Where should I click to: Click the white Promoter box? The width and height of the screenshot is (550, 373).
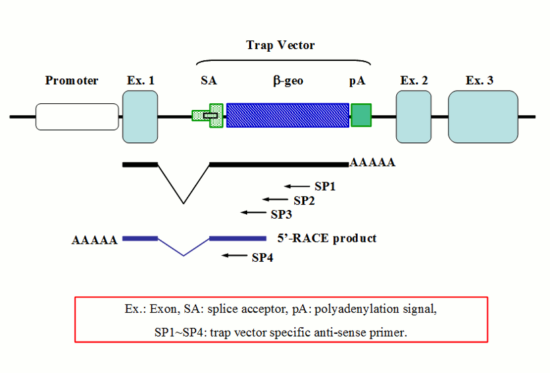coord(77,117)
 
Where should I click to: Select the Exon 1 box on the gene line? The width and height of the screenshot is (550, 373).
coord(140,117)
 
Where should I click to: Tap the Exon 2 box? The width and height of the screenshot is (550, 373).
coord(413,117)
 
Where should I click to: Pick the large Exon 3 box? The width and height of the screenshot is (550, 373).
coord(483,117)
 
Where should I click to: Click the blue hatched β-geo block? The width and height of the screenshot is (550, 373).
coord(288,115)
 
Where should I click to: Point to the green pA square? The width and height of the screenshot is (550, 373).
coord(361,115)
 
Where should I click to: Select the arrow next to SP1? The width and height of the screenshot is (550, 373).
coord(297,186)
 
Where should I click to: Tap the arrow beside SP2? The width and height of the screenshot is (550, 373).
coord(275,199)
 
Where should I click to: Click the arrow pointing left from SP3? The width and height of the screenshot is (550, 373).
coord(253,213)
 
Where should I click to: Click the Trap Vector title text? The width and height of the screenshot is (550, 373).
coord(280,45)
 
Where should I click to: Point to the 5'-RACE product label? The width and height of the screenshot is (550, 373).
coord(327,238)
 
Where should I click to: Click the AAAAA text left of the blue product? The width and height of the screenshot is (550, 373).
coord(94,239)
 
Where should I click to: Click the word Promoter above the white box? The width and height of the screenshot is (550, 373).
coord(72,81)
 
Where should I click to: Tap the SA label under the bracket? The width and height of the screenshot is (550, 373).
coord(209,81)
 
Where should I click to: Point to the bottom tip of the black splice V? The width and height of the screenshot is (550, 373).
coord(184,203)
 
